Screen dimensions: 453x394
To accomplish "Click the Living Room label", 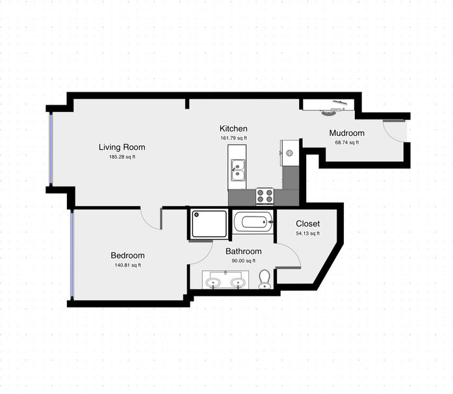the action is pyautogui.click(x=122, y=147).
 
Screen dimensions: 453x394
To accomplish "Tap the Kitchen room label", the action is pyautogui.click(x=233, y=129).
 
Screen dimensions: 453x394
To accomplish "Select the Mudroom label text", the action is pyautogui.click(x=346, y=133).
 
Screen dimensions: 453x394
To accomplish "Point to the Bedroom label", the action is pyautogui.click(x=127, y=256).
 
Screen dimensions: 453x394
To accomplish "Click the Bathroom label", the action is pyautogui.click(x=244, y=251).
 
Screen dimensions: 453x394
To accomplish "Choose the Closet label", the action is pyautogui.click(x=307, y=224).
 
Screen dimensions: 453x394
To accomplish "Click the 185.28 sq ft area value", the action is pyautogui.click(x=122, y=157).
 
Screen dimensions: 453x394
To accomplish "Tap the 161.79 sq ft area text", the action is pyautogui.click(x=234, y=138).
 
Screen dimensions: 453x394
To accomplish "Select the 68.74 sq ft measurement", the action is pyautogui.click(x=346, y=142).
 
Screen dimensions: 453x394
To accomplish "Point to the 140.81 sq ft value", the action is pyautogui.click(x=127, y=265).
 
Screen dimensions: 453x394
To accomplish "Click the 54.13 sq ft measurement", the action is pyautogui.click(x=307, y=233).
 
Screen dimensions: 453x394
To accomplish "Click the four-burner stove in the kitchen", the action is pyautogui.click(x=265, y=196).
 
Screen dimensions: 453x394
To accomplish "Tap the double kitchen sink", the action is pyautogui.click(x=238, y=170).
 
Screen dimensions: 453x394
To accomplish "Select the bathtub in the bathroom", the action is pyautogui.click(x=253, y=222).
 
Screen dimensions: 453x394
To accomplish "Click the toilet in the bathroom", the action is pyautogui.click(x=265, y=279).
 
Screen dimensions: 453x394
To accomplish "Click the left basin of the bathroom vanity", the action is pyautogui.click(x=213, y=282).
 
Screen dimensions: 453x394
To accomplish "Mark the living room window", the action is pyautogui.click(x=51, y=149).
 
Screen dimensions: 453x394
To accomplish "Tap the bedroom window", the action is pyautogui.click(x=72, y=256).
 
